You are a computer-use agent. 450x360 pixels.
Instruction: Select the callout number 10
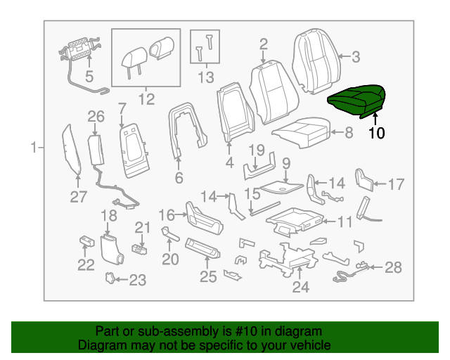tap(376, 131)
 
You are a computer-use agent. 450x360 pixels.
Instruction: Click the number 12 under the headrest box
tap(146, 99)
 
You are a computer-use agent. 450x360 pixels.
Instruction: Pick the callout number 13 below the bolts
tap(205, 77)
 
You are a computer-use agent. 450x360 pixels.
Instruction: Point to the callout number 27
tap(77, 198)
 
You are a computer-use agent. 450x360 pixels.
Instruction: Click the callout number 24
tap(300, 287)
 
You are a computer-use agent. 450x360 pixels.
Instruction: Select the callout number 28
tap(393, 267)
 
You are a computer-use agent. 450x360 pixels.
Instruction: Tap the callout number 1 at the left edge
tap(33, 148)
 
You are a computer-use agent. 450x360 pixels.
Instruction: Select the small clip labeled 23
tap(110, 278)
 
